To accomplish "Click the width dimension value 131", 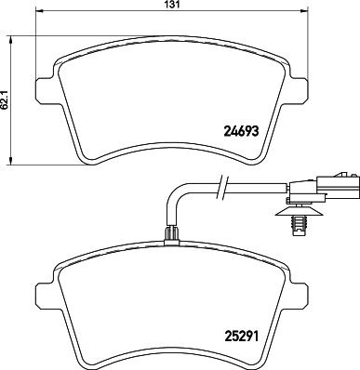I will tap(173, 6).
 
